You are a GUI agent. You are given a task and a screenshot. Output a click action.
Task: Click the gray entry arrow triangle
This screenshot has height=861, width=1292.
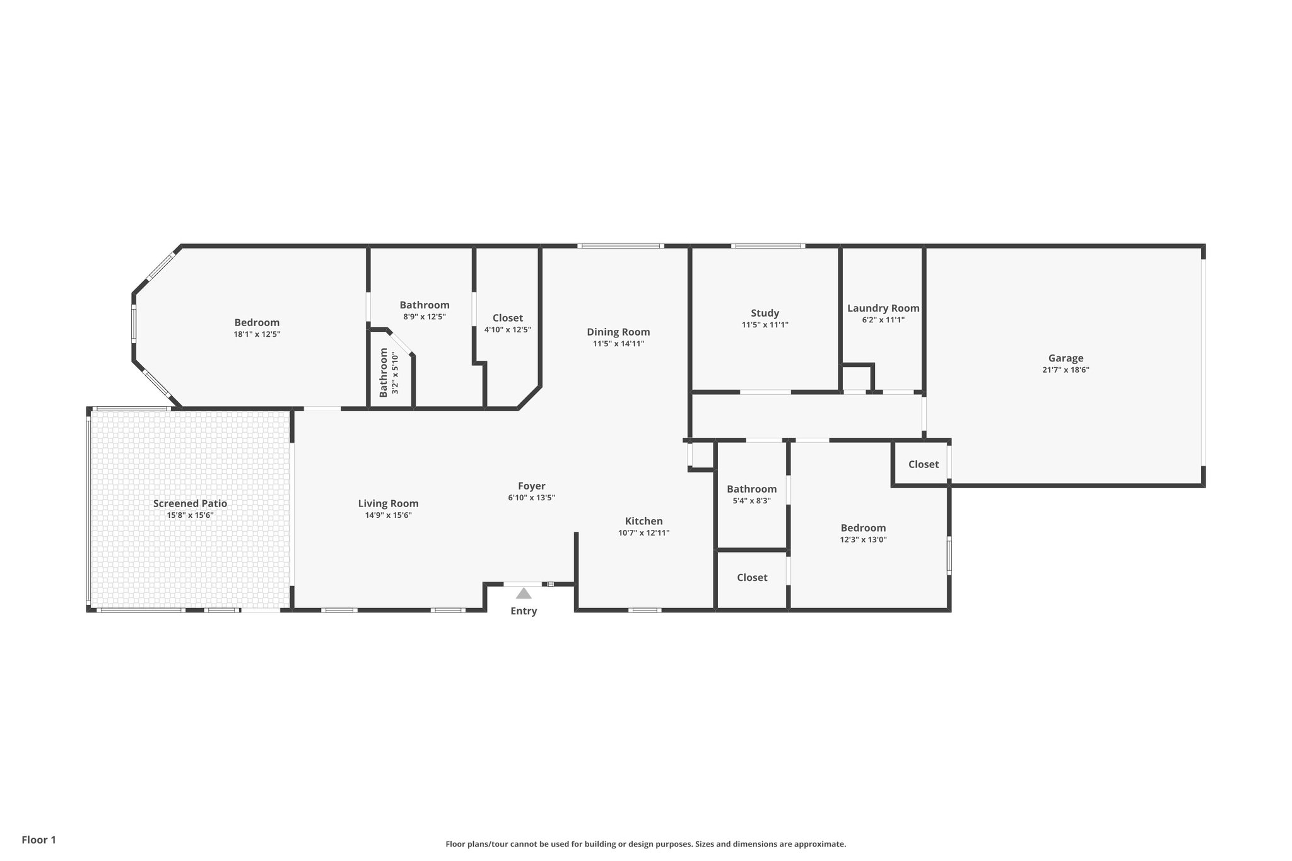click(524, 594)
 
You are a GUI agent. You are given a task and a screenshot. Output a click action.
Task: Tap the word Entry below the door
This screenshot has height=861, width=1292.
click(524, 611)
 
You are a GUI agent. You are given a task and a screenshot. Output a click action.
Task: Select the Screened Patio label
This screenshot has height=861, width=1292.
click(190, 503)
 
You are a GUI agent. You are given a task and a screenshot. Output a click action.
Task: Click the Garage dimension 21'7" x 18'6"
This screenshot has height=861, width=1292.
click(1066, 370)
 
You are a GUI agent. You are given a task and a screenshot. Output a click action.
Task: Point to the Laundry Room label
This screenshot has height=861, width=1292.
click(883, 308)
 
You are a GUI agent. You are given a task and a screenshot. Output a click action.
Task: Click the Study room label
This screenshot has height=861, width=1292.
click(765, 313)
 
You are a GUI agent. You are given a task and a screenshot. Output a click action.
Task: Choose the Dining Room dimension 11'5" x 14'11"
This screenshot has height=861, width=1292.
click(618, 344)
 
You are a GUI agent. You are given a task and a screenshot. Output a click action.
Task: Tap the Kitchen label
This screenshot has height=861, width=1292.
click(643, 521)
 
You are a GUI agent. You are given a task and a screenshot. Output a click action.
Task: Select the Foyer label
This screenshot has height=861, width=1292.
click(531, 486)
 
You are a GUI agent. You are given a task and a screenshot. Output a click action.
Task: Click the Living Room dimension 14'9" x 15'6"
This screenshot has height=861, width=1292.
click(388, 515)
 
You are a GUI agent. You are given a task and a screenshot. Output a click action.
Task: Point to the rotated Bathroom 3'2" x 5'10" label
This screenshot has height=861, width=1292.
click(384, 373)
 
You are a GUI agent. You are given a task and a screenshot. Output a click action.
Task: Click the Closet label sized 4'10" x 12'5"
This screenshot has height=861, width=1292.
click(507, 318)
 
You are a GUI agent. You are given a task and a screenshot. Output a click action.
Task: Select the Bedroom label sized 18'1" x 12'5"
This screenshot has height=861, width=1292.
click(257, 322)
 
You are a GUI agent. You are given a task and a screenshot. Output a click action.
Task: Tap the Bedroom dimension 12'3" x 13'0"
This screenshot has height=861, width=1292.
click(863, 540)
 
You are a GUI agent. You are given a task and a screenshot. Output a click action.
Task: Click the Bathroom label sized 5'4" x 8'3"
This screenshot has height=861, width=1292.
click(751, 489)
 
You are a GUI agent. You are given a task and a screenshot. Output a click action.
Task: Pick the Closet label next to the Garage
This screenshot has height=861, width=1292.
click(923, 464)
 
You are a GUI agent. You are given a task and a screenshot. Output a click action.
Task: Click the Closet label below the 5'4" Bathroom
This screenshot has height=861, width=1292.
click(752, 577)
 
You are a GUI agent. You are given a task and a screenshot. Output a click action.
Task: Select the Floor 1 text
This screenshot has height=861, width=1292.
click(39, 840)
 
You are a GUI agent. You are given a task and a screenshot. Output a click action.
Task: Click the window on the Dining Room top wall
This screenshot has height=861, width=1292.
click(620, 246)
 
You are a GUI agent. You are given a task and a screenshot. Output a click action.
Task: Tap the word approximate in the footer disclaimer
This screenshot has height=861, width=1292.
click(819, 844)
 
